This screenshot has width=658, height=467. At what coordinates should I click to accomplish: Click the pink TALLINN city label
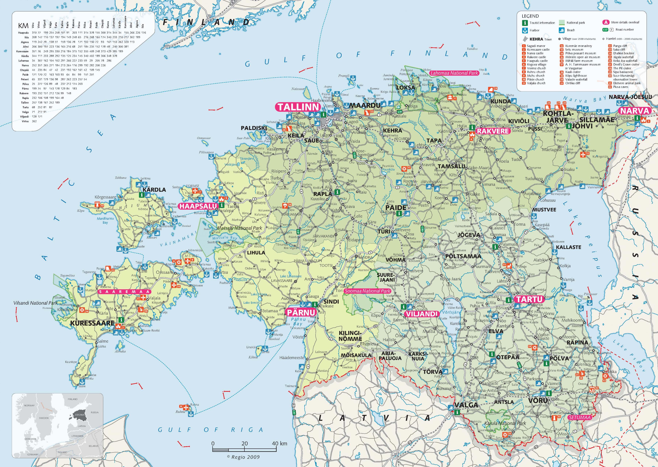coord(298,107)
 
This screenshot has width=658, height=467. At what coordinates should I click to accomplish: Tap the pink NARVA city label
coord(634,111)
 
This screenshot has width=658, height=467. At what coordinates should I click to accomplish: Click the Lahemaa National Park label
coord(454,73)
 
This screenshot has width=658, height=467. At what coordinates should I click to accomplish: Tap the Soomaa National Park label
coord(368,291)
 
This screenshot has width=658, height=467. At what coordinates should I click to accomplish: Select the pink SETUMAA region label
coord(579,418)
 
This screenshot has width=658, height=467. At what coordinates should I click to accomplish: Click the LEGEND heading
coord(530,16)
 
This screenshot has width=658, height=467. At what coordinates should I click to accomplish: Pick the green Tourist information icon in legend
coord(525,23)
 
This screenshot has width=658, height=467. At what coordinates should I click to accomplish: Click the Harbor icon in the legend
coord(525,30)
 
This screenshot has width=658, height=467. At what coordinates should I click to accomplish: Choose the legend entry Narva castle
coord(535,53)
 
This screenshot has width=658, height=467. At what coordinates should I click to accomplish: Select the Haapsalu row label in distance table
coord(23,33)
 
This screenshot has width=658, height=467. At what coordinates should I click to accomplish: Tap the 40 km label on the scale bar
coord(279,443)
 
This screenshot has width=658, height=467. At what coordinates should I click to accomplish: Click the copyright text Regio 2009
coord(243,457)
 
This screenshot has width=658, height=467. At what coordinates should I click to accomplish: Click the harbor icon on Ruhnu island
coord(190,413)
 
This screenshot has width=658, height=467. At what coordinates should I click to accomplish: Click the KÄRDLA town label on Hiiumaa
coord(154,190)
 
